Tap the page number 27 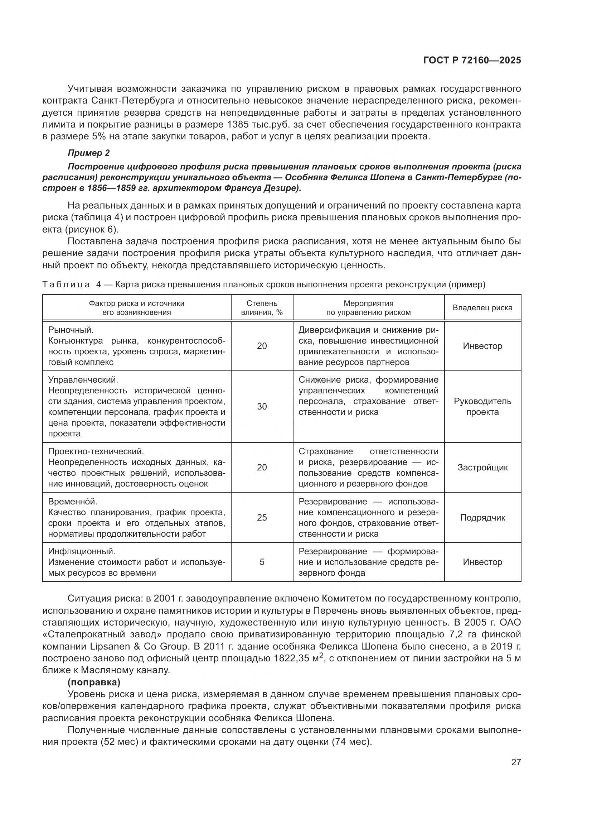516,762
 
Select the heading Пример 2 88,153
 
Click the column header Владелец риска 482,308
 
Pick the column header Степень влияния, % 262,308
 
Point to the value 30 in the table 262,407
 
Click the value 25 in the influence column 262,518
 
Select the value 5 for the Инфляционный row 262,562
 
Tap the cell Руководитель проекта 482,407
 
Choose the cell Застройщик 482,468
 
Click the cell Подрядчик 482,518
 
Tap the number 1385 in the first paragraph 237,124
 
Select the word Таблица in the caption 65,285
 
